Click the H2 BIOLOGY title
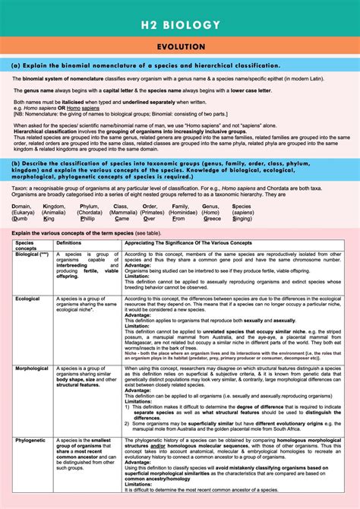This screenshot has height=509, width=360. pyautogui.click(x=180, y=25)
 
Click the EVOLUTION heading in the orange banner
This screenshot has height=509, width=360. pyautogui.click(x=180, y=47)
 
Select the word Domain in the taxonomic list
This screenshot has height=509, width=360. pyautogui.click(x=22, y=205)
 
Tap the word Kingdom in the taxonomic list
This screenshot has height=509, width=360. pyautogui.click(x=55, y=205)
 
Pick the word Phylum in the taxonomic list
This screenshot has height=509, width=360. pyautogui.click(x=89, y=205)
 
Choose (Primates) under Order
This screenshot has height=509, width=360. pyautogui.click(x=153, y=212)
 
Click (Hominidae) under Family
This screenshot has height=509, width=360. pyautogui.click(x=185, y=212)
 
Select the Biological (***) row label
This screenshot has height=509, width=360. pyautogui.click(x=32, y=254)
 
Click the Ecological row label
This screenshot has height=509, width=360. pyautogui.click(x=29, y=299)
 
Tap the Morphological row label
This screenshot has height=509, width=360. pyautogui.click(x=33, y=367)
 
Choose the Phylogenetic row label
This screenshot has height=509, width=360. pyautogui.click(x=31, y=438)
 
